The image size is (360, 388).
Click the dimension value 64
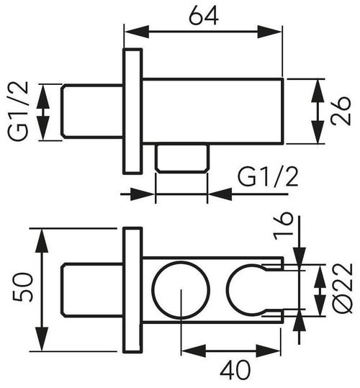tap(204, 16)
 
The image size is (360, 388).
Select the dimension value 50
tap(22, 287)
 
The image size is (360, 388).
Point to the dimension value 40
tap(235, 370)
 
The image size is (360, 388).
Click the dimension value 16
tap(284, 227)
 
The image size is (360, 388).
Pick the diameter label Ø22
tap(343, 288)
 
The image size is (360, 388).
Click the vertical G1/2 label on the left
tap(18, 112)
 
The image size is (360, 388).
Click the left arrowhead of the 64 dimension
tap(137, 32)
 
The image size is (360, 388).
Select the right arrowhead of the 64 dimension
tap(269, 32)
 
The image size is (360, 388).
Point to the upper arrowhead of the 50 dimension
tap(42, 240)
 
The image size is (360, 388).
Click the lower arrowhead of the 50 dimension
tap(42, 338)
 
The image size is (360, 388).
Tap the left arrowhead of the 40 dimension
tap(194, 351)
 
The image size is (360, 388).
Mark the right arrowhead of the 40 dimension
tap(269, 351)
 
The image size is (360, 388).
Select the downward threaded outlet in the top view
tap(182, 158)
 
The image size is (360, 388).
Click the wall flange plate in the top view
tap(132, 111)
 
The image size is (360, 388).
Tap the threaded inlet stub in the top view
tap(92, 111)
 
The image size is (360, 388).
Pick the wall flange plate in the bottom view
tap(132, 289)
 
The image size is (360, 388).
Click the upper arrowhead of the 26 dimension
tap(318, 91)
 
